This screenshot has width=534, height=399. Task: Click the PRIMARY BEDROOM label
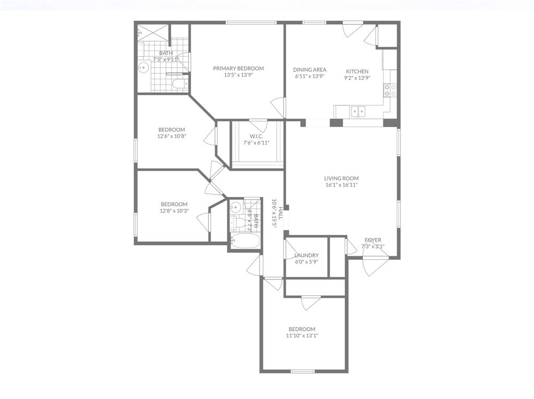pyautogui.click(x=238, y=68)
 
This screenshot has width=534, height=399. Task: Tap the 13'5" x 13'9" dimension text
pyautogui.click(x=238, y=75)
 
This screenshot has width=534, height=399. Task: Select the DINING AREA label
pyautogui.click(x=310, y=70)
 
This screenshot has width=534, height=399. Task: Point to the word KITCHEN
pyautogui.click(x=357, y=71)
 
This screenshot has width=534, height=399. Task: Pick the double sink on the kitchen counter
pyautogui.click(x=358, y=111)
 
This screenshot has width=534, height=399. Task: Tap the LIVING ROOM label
pyautogui.click(x=342, y=178)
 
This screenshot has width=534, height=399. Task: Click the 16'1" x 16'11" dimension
pyautogui.click(x=342, y=185)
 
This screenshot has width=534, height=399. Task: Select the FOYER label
pyautogui.click(x=373, y=240)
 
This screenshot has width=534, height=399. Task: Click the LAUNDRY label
pyautogui.click(x=306, y=255)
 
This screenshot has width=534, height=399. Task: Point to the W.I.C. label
pyautogui.click(x=256, y=136)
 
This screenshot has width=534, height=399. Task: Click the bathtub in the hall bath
pyautogui.click(x=244, y=241)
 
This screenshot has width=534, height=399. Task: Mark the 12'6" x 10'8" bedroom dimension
pyautogui.click(x=172, y=136)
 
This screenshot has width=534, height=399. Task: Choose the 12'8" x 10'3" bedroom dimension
pyautogui.click(x=174, y=211)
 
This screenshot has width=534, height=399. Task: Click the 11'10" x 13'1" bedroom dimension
pyautogui.click(x=302, y=336)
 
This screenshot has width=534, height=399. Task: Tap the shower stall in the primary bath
pyautogui.click(x=153, y=32)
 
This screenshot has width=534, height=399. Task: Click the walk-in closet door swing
pyautogui.click(x=257, y=124)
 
